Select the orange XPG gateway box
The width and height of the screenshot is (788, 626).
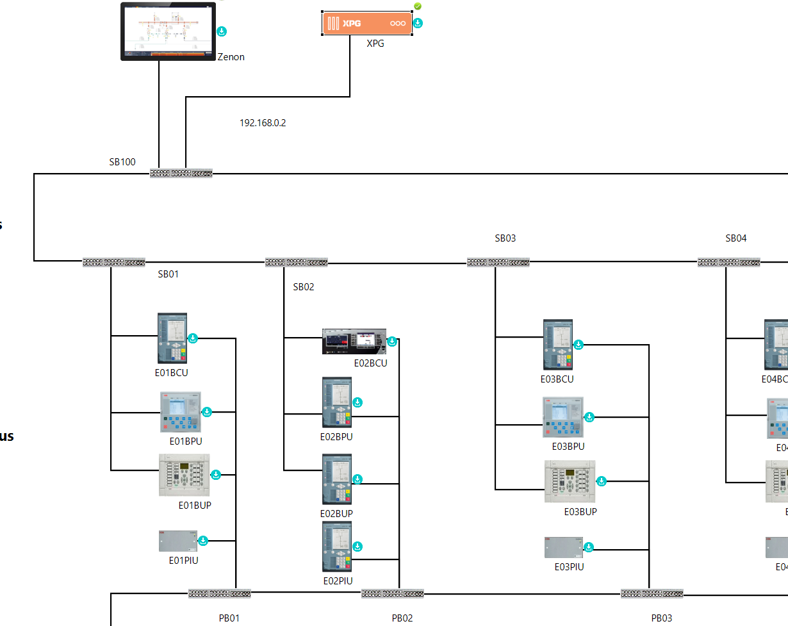click(367, 23)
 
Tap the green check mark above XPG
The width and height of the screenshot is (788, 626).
click(418, 6)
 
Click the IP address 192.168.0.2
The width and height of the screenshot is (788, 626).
click(263, 123)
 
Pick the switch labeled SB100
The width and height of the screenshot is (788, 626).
click(181, 173)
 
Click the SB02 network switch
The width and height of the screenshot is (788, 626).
click(297, 262)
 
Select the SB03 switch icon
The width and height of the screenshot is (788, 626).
click(498, 262)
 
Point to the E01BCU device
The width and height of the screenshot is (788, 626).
click(172, 338)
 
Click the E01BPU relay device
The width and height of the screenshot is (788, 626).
click(180, 412)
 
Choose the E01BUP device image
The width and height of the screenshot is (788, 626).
click(185, 475)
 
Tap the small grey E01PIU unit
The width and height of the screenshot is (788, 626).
click(177, 541)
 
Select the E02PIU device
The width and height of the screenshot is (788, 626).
click(337, 547)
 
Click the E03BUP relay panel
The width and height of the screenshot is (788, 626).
click(570, 481)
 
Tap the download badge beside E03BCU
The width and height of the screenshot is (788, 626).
click(579, 345)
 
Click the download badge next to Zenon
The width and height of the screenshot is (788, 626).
click(222, 31)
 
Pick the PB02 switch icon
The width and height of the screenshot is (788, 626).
click(393, 593)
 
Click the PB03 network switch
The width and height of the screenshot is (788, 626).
click(652, 593)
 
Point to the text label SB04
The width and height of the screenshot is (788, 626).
click(736, 238)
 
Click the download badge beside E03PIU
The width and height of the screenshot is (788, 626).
click(589, 547)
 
